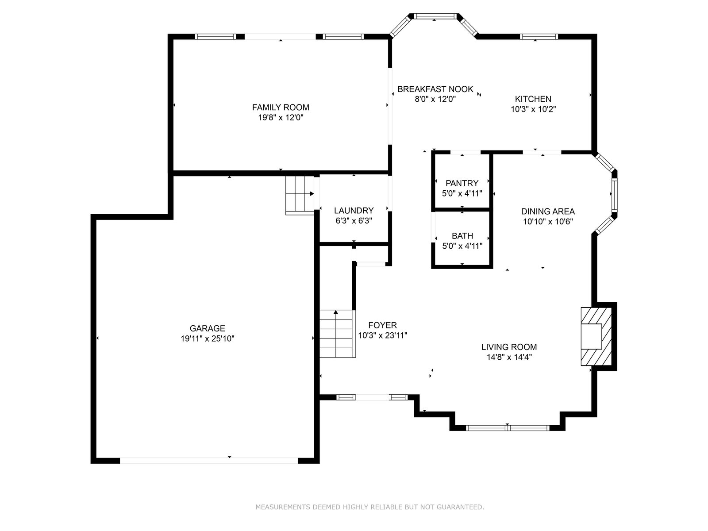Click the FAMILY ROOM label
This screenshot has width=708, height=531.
(281, 107)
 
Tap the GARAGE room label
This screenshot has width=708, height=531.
(208, 328)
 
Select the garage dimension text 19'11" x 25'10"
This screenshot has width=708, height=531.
(208, 339)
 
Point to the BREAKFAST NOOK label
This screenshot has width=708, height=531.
(435, 89)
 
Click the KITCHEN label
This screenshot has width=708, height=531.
(533, 99)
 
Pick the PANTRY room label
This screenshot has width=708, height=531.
(462, 183)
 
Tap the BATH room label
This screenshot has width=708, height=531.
(462, 236)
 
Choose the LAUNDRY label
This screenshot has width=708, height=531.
(354, 211)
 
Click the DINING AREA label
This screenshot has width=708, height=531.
(548, 212)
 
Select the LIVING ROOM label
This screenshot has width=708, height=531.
(509, 347)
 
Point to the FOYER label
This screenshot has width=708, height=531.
(383, 325)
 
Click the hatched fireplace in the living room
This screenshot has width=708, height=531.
(596, 337)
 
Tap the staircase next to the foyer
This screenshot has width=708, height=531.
(337, 334)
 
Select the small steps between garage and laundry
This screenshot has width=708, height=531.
(300, 195)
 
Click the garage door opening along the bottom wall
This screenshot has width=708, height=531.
(209, 461)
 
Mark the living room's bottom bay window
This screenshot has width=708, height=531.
(508, 428)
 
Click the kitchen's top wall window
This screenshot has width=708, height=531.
(539, 36)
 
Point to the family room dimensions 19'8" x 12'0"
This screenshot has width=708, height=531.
(281, 117)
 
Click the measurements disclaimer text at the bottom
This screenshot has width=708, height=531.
(369, 507)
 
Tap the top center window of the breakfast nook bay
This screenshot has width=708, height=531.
(435, 16)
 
